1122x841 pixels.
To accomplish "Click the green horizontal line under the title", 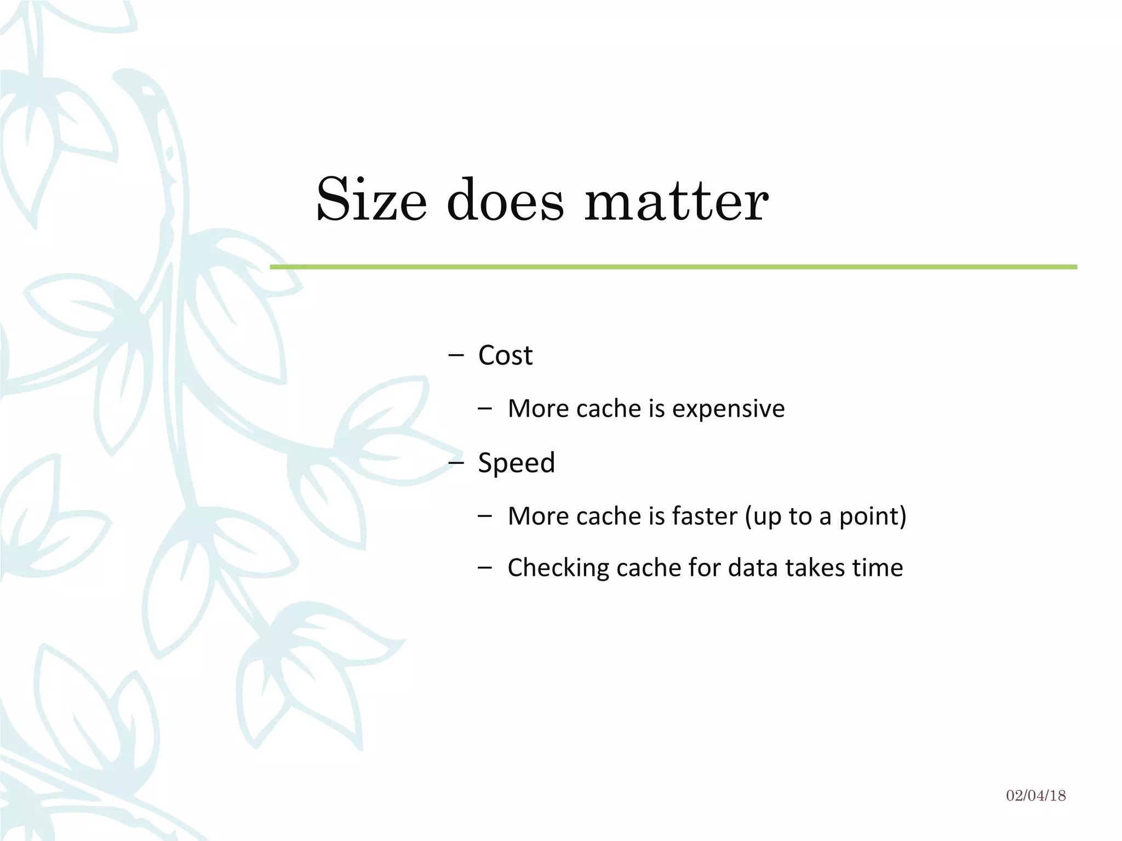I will [673, 267].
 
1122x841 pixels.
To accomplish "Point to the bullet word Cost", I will [505, 355].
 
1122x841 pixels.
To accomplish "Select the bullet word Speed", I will [516, 463].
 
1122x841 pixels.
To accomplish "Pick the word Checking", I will [558, 568].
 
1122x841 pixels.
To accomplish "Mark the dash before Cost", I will [455, 355].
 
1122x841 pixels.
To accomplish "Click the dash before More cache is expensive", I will [484, 408].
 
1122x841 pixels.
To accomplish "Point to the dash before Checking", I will [484, 568].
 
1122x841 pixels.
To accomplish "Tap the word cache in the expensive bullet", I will [608, 408].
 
